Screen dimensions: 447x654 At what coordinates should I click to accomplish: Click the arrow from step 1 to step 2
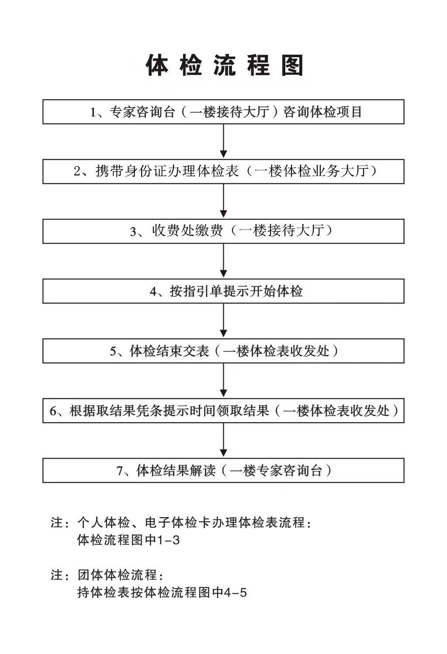coord(224,141)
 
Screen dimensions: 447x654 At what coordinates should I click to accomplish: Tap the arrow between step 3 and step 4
coord(224,261)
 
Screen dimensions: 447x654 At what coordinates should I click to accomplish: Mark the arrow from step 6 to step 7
coord(224,440)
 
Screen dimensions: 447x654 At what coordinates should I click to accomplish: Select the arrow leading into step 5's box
coord(224,320)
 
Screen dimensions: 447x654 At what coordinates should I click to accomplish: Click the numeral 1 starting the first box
coord(93,112)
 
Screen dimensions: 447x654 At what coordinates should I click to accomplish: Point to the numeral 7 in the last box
coord(120,471)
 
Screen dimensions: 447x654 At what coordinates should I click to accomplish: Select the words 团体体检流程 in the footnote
coord(118,575)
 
